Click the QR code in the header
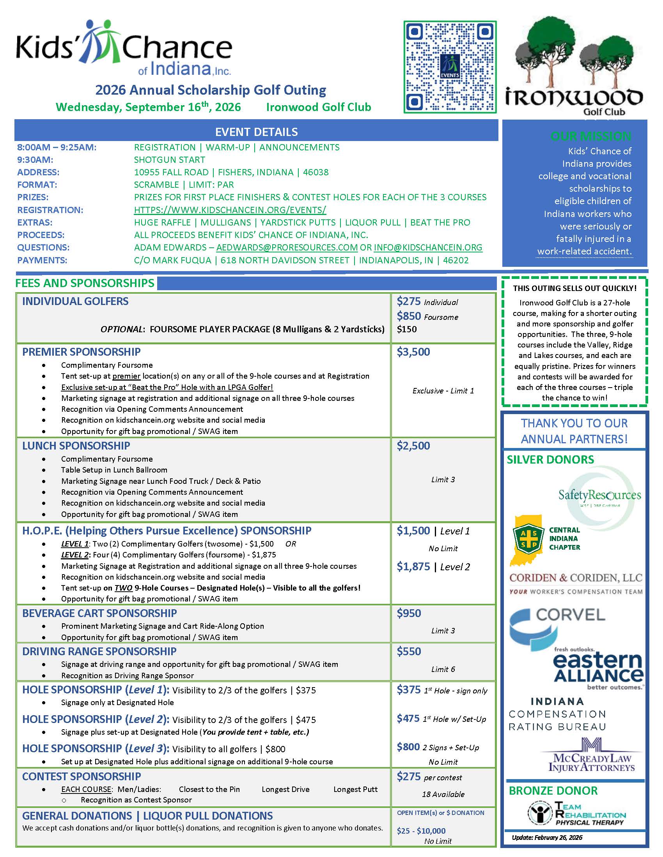tap(450, 67)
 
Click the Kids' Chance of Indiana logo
tap(124, 48)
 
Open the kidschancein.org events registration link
tap(230, 210)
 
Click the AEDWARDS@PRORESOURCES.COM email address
tap(287, 248)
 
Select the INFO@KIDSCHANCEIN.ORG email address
tap(428, 248)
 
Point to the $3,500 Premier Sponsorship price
tap(413, 352)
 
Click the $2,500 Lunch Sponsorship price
tap(413, 446)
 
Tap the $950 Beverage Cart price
tap(408, 613)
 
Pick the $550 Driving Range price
tap(408, 651)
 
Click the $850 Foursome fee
tap(408, 316)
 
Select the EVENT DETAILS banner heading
tap(256, 132)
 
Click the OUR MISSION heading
tap(591, 136)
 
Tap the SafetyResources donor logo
tap(599, 495)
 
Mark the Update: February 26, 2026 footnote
tap(547, 838)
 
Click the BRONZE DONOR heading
tap(553, 791)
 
